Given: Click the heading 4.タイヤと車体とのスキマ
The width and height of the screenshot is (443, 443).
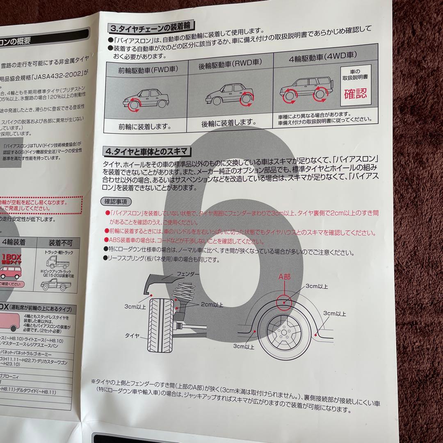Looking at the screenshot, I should click(147, 151).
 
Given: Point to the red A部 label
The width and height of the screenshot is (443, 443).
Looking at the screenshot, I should click(284, 277).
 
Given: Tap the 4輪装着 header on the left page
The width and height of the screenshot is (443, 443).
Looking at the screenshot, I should click(13, 242).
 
